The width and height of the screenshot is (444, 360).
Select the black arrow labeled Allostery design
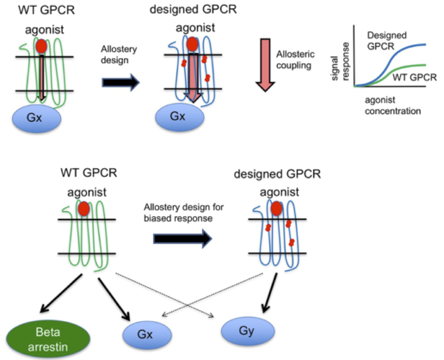click(121, 83)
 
